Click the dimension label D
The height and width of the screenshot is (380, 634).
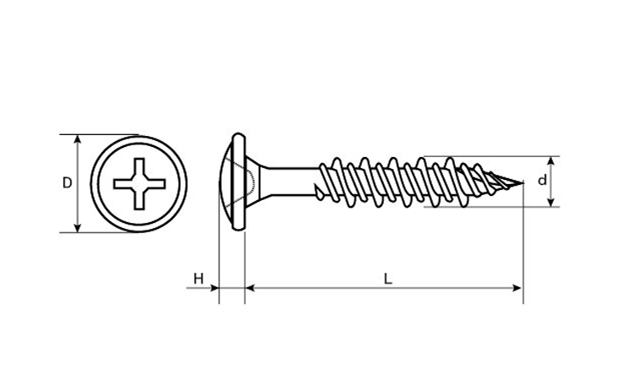pyautogui.click(x=67, y=183)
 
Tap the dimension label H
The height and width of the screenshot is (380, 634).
pyautogui.click(x=198, y=279)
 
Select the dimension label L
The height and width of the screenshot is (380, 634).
pyautogui.click(x=388, y=279)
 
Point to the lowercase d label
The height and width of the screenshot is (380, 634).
pyautogui.click(x=542, y=180)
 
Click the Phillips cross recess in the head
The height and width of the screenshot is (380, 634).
pyautogui.click(x=139, y=184)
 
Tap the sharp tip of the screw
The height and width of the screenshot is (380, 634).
pyautogui.click(x=523, y=183)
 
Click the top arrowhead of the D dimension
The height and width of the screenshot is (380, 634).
pyautogui.click(x=78, y=139)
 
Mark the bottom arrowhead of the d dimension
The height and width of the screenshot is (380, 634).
pyautogui.click(x=550, y=202)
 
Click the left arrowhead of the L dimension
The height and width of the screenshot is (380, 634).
pyautogui.click(x=250, y=288)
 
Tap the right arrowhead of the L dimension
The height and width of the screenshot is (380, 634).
pyautogui.click(x=516, y=288)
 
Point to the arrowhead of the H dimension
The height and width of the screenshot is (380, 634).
pyautogui.click(x=215, y=288)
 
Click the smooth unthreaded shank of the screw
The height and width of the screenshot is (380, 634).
pyautogui.click(x=289, y=182)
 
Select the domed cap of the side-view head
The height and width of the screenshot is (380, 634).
pyautogui.click(x=226, y=182)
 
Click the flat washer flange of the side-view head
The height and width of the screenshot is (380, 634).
pyautogui.click(x=239, y=182)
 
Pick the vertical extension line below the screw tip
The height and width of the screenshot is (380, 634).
pyautogui.click(x=523, y=243)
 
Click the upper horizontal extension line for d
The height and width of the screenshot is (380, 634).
pyautogui.click(x=491, y=156)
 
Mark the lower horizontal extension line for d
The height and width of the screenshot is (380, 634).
pyautogui.click(x=492, y=207)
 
